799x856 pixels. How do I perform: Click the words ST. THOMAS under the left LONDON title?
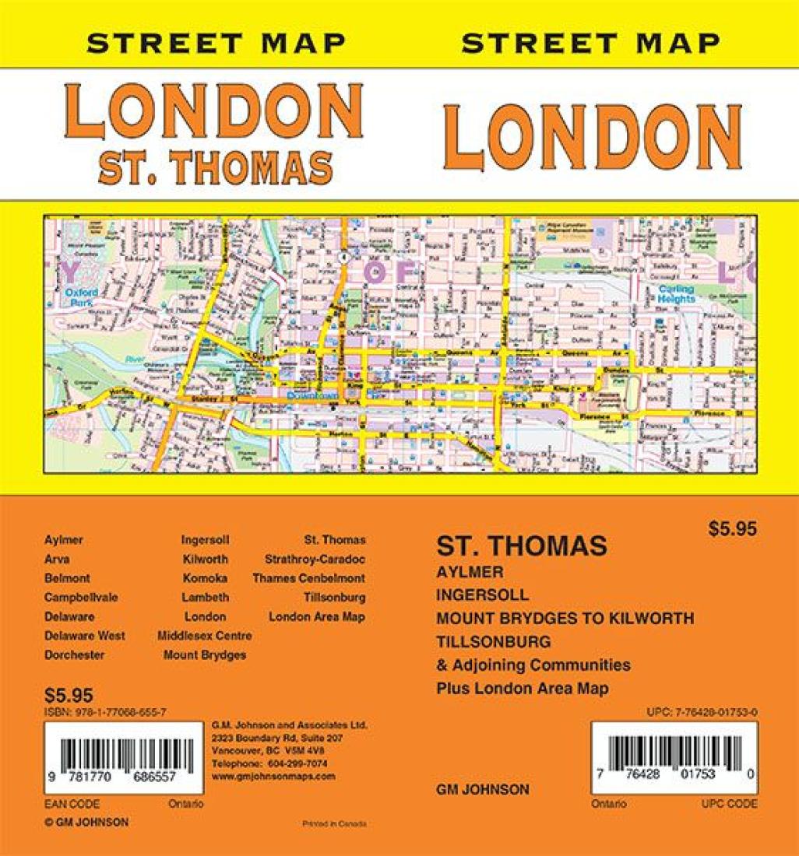pos(215,164)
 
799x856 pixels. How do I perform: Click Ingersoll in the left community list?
pos(205,539)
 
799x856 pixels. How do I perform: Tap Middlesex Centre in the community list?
pos(204,636)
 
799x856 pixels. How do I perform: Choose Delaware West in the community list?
pos(85,636)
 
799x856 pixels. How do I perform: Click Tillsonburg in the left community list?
pos(334,598)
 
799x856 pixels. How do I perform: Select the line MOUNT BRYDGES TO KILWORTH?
pos(565,619)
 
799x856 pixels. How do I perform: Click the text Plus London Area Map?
pos(523,689)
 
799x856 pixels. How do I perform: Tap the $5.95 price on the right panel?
pos(733,528)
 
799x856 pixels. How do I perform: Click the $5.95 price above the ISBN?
pos(69,695)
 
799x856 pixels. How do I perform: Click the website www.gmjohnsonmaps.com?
pos(273,776)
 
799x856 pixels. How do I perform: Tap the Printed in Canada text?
pos(333,823)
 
